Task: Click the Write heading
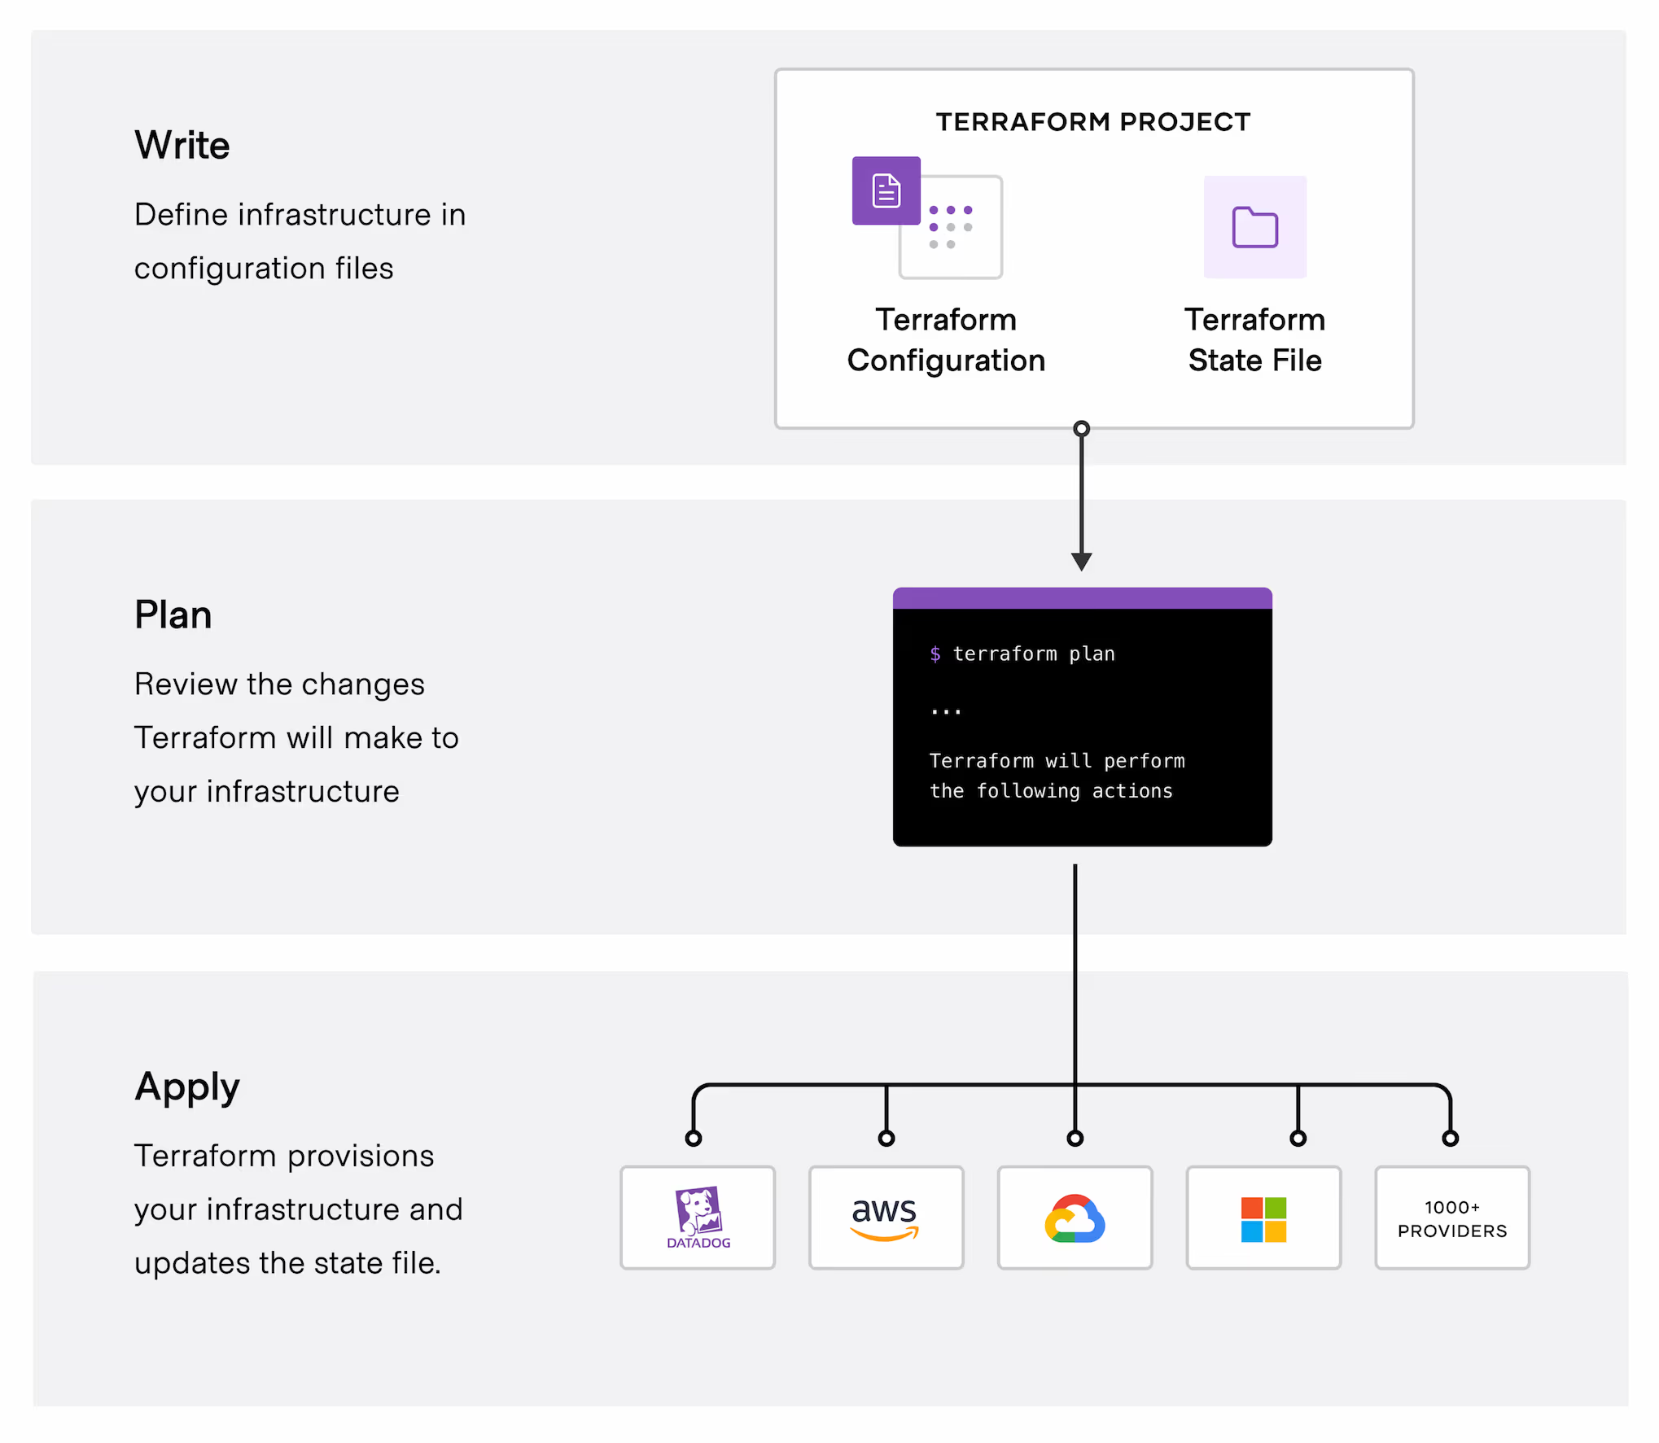tap(182, 145)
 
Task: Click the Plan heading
tap(173, 614)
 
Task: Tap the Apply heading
tap(187, 1087)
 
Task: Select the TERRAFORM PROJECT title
tap(1092, 122)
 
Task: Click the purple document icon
tap(886, 190)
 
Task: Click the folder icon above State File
tap(1254, 227)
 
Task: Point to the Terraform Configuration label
tap(946, 340)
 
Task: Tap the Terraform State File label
tap(1254, 340)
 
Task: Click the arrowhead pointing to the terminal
tap(1081, 562)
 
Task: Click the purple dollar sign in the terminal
tap(935, 654)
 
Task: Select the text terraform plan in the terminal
tap(1034, 654)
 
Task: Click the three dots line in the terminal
tap(946, 712)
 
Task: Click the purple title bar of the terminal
tap(1082, 598)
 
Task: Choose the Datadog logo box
tap(698, 1218)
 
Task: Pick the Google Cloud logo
tap(1075, 1218)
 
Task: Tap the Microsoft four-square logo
tap(1263, 1218)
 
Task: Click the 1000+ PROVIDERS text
tap(1452, 1218)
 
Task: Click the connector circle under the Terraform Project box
tap(1081, 429)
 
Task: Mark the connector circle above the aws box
tap(886, 1138)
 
